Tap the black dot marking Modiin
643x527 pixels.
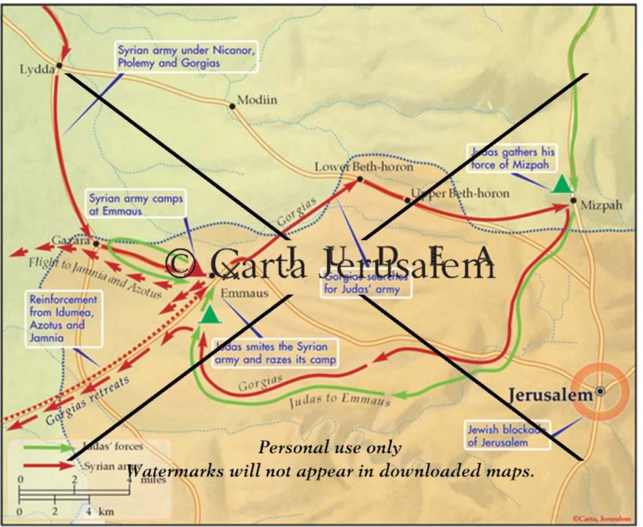(x=232, y=106)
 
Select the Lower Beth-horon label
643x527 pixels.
(x=364, y=167)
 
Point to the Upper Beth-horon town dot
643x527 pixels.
(x=408, y=200)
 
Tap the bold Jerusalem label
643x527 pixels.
(x=550, y=395)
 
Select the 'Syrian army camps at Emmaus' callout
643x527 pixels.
(x=136, y=205)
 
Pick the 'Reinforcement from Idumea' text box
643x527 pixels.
(x=63, y=318)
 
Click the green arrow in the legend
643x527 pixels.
(x=47, y=448)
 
